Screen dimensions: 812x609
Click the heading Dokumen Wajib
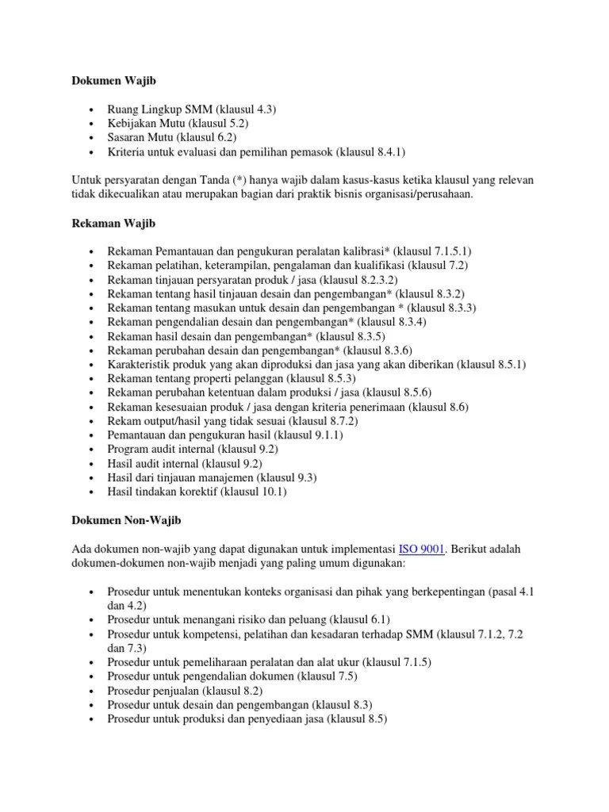[105, 80]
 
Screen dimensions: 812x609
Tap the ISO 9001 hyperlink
[422, 549]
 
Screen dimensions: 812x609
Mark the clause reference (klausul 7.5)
[328, 676]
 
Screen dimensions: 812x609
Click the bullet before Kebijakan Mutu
[94, 124]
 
